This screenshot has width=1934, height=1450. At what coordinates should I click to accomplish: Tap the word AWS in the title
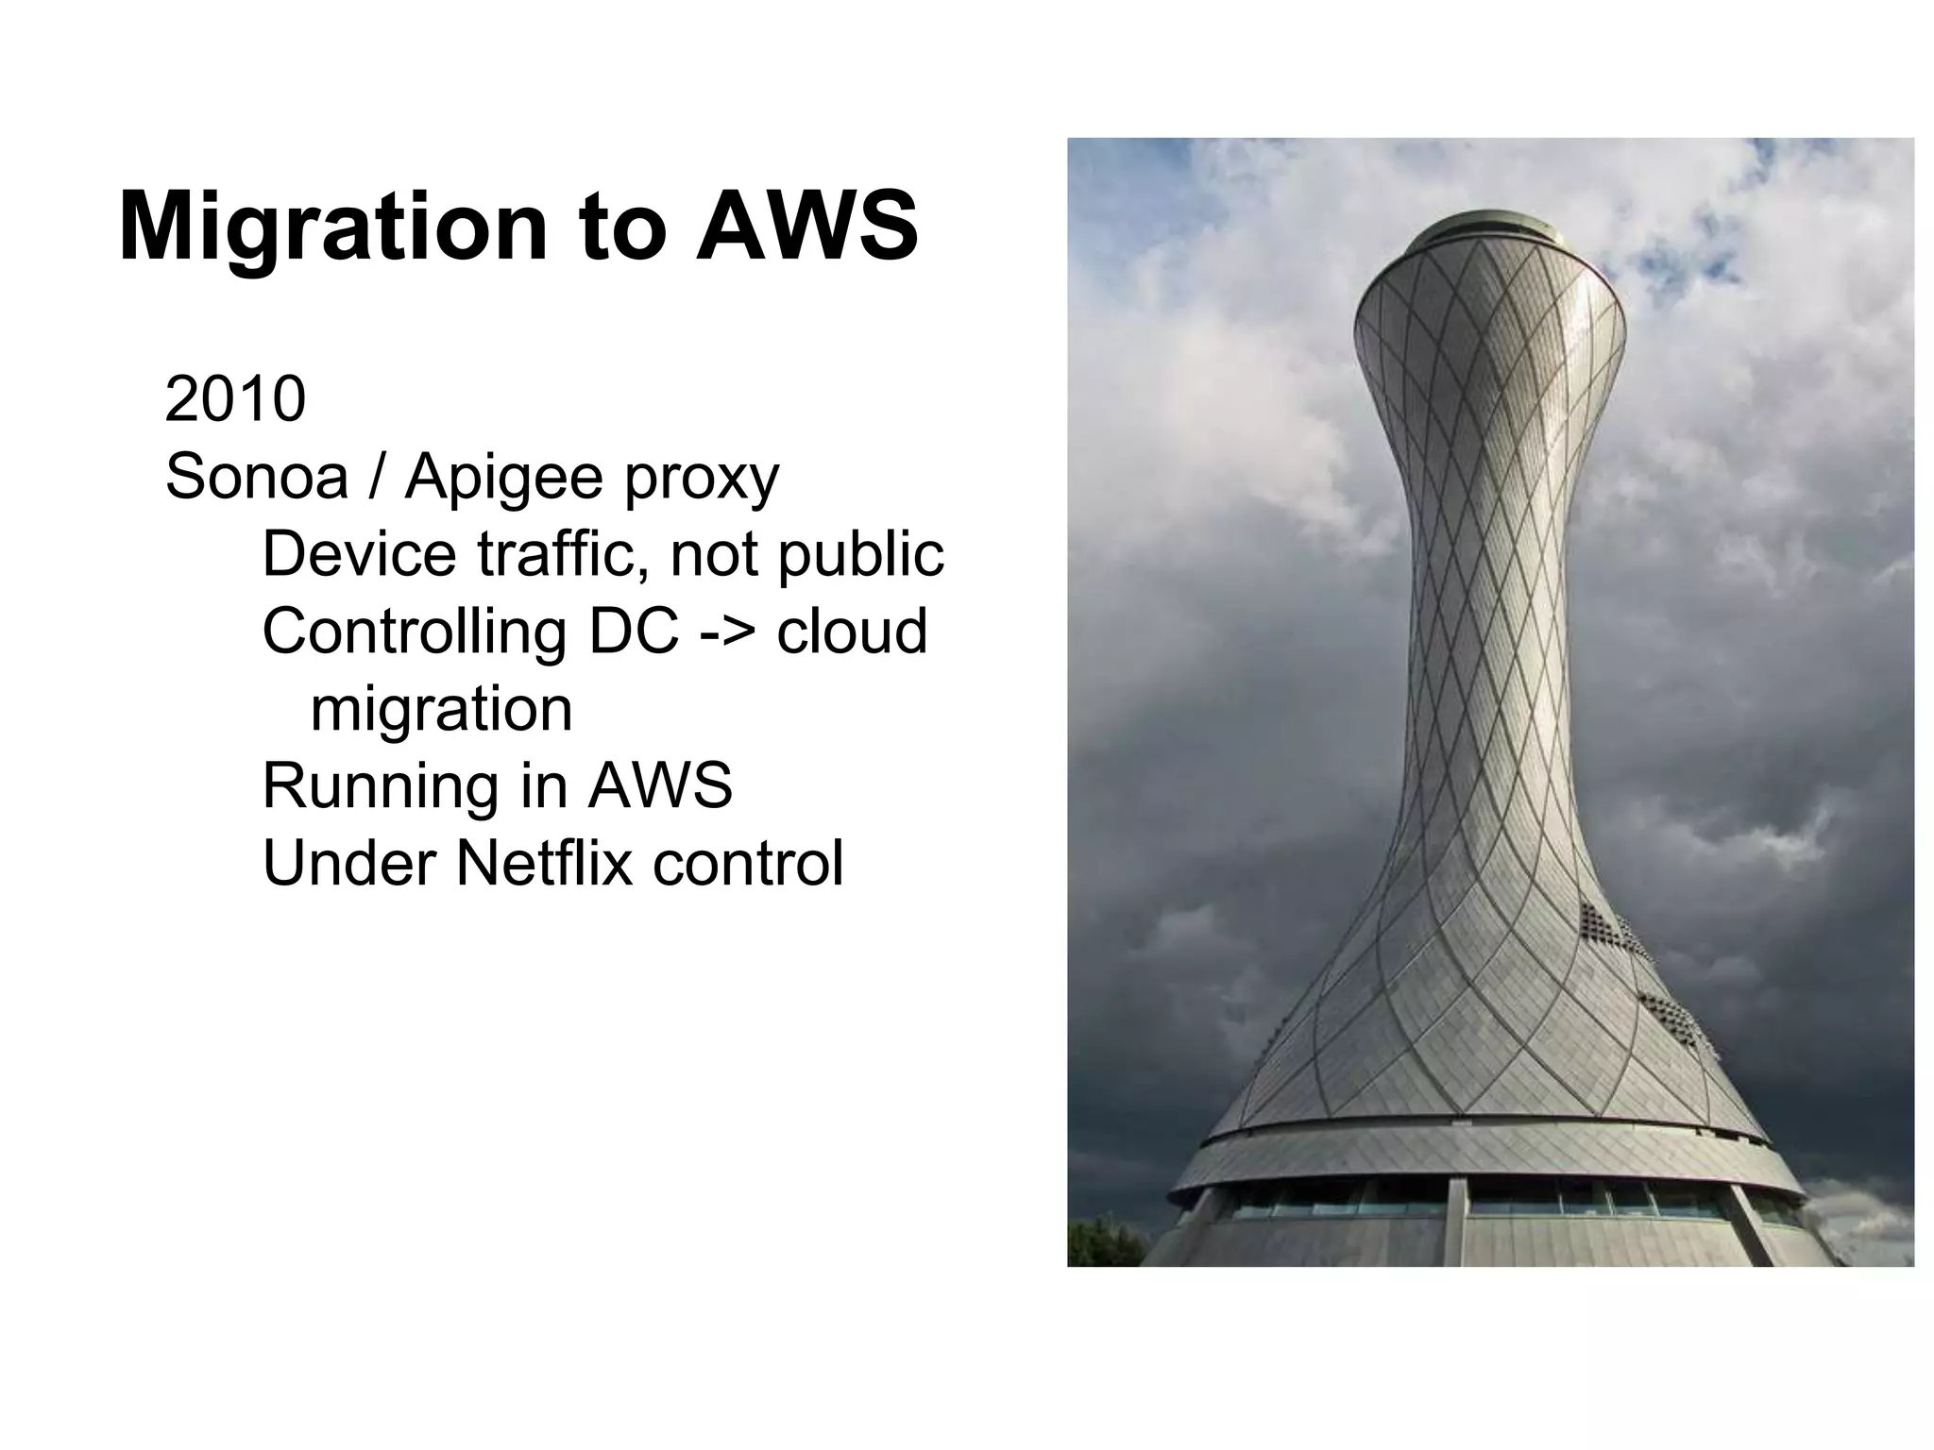tap(807, 227)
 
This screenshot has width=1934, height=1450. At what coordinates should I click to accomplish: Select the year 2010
tap(235, 399)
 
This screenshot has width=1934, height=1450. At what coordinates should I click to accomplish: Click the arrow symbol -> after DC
tap(729, 632)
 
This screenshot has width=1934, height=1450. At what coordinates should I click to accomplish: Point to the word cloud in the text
tap(852, 632)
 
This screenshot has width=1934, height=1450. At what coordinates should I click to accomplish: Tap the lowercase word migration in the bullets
tap(441, 710)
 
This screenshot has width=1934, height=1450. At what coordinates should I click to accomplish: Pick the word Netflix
tap(544, 863)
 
